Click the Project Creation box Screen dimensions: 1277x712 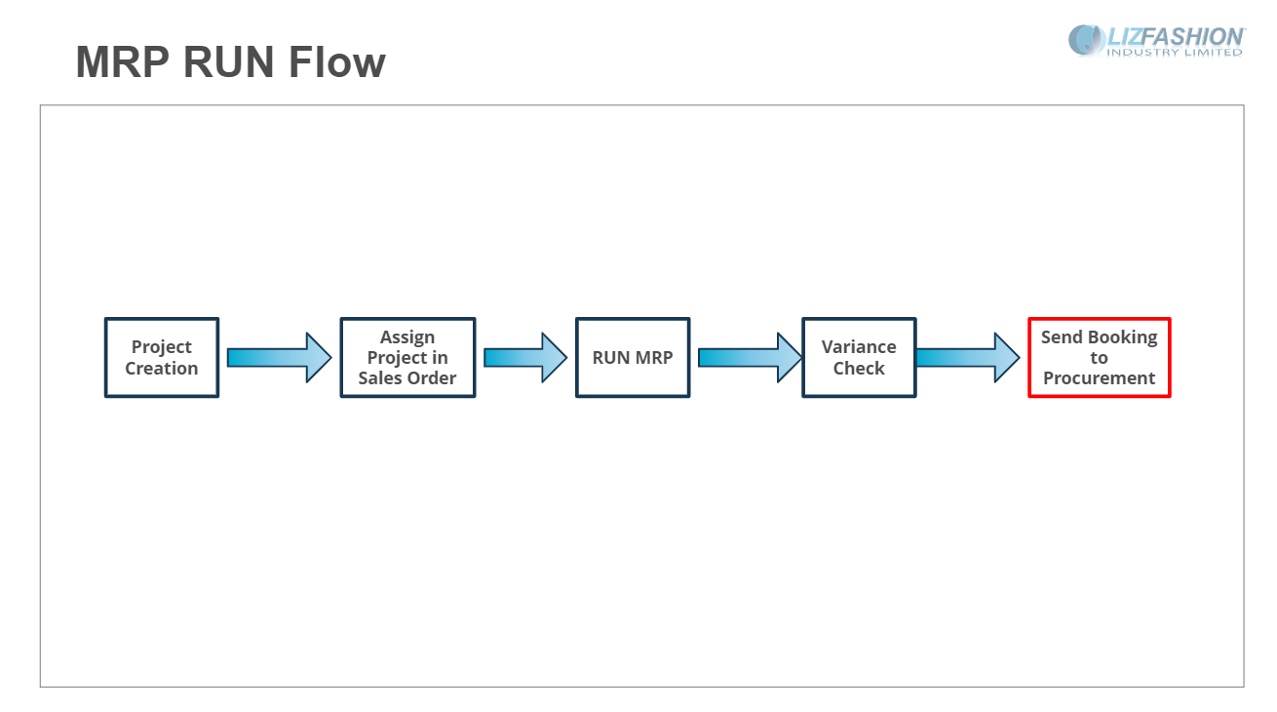point(162,358)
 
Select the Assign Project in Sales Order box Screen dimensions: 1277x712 point(407,358)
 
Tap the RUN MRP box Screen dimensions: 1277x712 point(633,358)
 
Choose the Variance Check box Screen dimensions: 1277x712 point(859,358)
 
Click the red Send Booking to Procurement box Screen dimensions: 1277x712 point(1100,358)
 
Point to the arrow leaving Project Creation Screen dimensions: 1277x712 point(280,358)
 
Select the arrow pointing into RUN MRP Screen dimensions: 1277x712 point(525,358)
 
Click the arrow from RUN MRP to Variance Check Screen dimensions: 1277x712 point(751,358)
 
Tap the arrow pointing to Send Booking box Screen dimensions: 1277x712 point(968,358)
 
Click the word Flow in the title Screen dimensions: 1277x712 point(337,61)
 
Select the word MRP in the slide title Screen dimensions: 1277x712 point(123,61)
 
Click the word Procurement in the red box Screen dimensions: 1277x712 point(1100,378)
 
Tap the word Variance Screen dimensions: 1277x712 point(859,347)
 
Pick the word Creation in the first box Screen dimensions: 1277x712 point(162,369)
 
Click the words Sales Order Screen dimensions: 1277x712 point(407,378)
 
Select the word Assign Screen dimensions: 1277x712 point(407,337)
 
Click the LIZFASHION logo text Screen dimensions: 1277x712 point(1176,37)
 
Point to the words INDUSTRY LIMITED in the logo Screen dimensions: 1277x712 point(1175,53)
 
